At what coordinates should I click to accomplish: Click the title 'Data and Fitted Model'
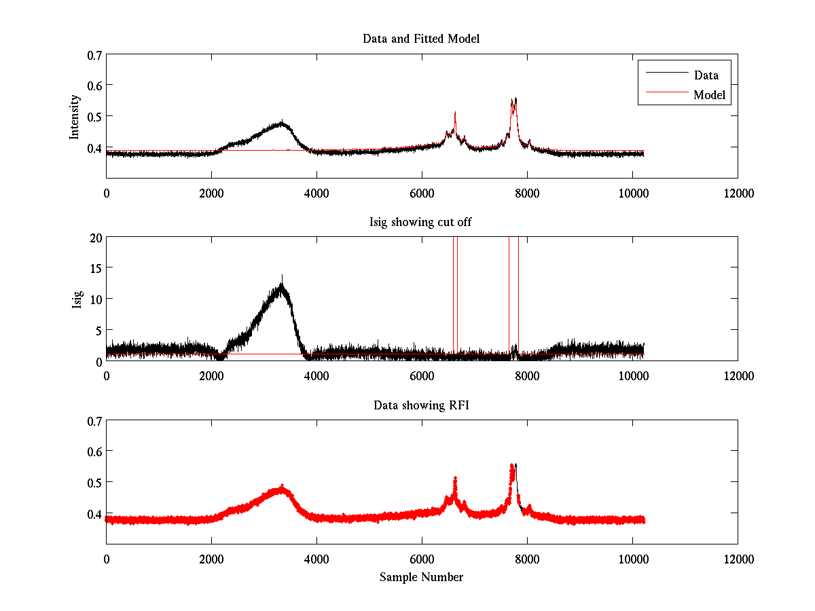pyautogui.click(x=421, y=39)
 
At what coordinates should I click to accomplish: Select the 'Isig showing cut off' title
pyautogui.click(x=421, y=223)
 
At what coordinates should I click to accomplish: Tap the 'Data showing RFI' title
pyautogui.click(x=421, y=406)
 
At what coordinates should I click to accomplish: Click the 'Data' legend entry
pyautogui.click(x=706, y=75)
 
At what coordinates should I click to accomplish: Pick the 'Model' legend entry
pyautogui.click(x=709, y=95)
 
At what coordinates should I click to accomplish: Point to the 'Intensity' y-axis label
pyautogui.click(x=75, y=116)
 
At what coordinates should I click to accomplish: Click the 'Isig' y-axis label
pyautogui.click(x=78, y=299)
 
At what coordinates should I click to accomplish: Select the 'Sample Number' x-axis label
pyautogui.click(x=421, y=577)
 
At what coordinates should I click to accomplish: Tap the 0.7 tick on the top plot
pyautogui.click(x=94, y=54)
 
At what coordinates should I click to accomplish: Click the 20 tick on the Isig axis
pyautogui.click(x=95, y=238)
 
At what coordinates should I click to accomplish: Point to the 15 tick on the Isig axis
pyautogui.click(x=95, y=268)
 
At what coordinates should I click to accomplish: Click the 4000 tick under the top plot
pyautogui.click(x=316, y=193)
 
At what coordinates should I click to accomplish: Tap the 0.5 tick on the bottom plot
pyautogui.click(x=94, y=482)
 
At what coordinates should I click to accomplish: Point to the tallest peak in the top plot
pyautogui.click(x=515, y=99)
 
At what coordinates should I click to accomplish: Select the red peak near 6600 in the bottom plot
pyautogui.click(x=455, y=479)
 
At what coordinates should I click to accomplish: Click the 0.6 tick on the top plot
pyautogui.click(x=94, y=85)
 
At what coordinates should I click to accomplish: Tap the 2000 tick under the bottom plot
pyautogui.click(x=211, y=559)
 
